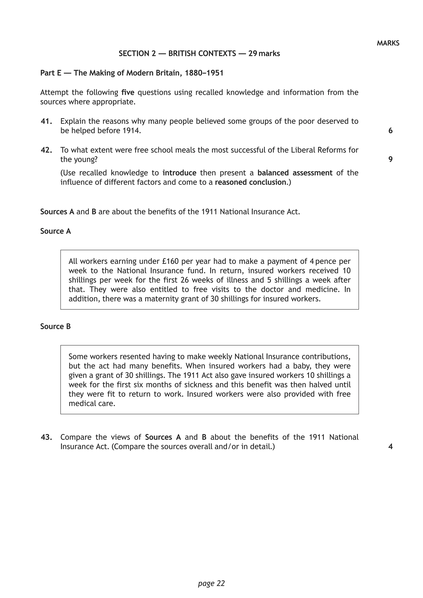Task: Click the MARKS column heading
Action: click(x=388, y=43)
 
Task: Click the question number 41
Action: click(x=46, y=121)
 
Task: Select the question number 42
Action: click(x=46, y=150)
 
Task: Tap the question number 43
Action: click(x=46, y=437)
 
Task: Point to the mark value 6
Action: click(x=390, y=131)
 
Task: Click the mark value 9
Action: click(x=390, y=159)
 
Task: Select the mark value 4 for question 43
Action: click(x=390, y=447)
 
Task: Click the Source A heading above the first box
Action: click(x=56, y=231)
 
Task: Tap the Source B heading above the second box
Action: click(x=56, y=327)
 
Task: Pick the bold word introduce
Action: click(x=179, y=173)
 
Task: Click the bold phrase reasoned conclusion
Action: click(x=250, y=182)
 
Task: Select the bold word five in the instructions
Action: click(x=128, y=93)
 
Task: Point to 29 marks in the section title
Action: click(x=264, y=54)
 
